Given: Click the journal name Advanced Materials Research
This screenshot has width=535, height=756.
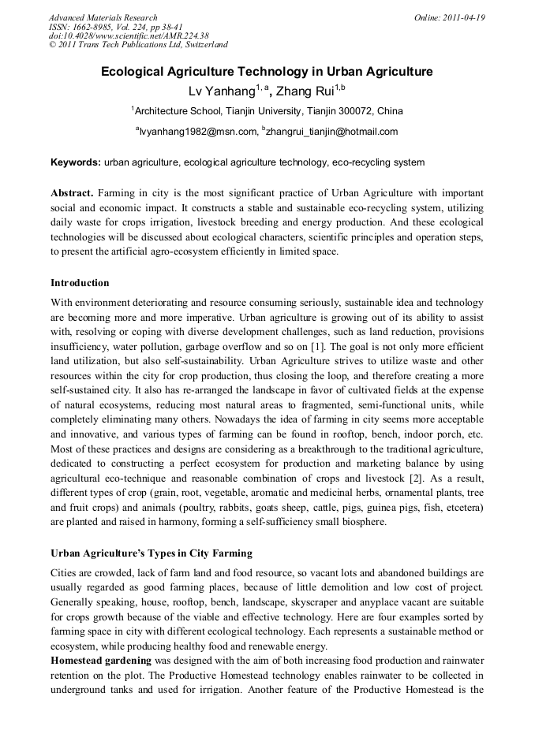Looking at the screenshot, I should pyautogui.click(x=103, y=17).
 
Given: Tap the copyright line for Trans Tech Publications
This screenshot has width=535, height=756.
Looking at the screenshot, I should pyautogui.click(x=138, y=45).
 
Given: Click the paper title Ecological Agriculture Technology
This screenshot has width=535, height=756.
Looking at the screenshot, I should pyautogui.click(x=267, y=72).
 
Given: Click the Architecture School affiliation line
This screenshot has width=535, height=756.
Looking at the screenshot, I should pyautogui.click(x=267, y=111).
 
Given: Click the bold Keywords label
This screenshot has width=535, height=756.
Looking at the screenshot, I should pyautogui.click(x=76, y=162).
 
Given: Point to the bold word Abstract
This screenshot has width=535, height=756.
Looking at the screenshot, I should pyautogui.click(x=73, y=193).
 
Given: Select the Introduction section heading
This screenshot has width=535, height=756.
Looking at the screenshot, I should pyautogui.click(x=80, y=283).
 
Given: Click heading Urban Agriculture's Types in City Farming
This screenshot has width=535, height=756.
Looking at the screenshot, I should pyautogui.click(x=152, y=553).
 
